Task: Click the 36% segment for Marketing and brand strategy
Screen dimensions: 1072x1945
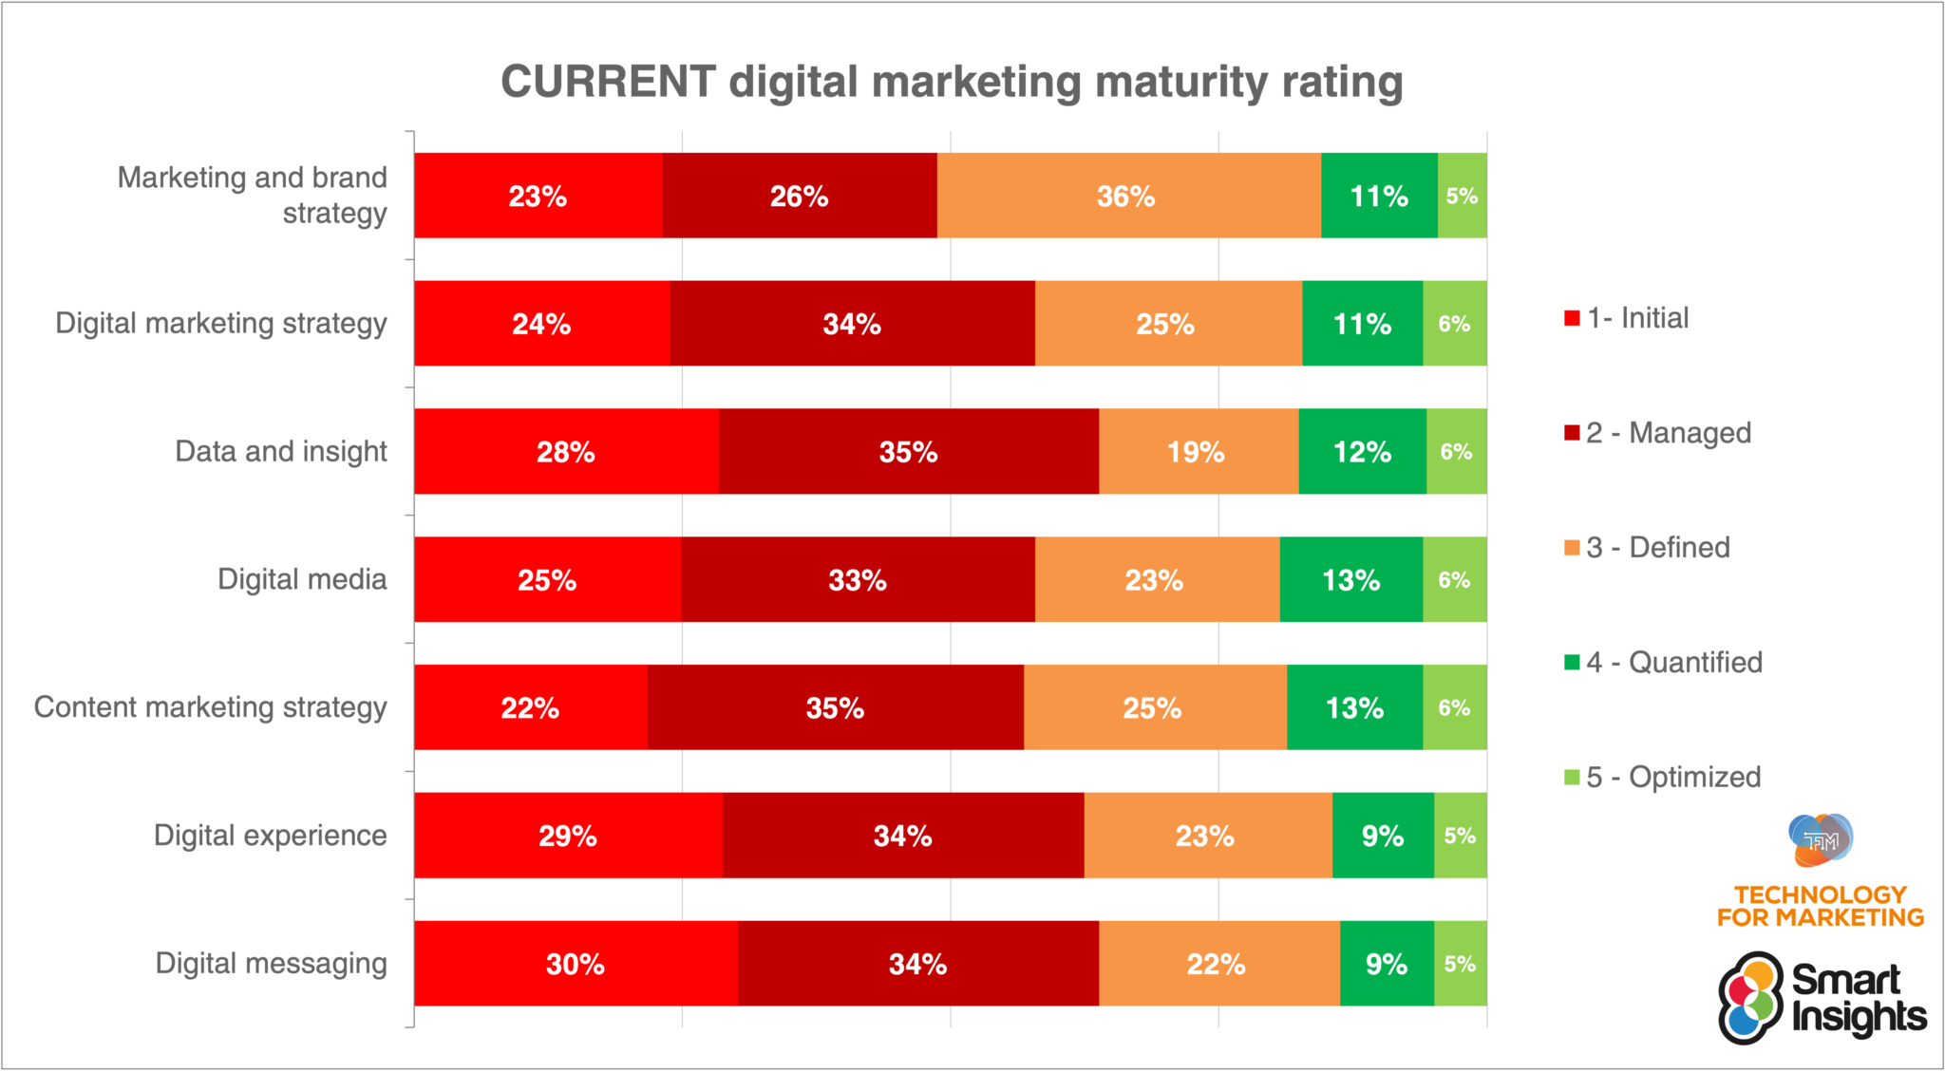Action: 1127,196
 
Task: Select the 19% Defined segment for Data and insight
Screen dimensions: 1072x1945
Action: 1198,451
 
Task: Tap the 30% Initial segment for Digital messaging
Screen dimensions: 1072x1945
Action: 576,964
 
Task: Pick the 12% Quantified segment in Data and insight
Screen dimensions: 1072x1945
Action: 1362,451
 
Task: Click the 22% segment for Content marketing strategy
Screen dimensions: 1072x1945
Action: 530,707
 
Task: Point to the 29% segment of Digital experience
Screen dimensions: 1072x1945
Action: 568,836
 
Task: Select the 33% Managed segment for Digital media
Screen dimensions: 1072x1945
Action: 858,579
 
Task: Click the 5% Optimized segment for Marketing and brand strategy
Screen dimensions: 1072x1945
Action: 1462,196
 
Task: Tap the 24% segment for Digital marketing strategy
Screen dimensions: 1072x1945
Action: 541,324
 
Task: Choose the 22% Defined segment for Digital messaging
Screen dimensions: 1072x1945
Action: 1218,964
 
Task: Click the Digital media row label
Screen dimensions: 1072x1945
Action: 302,579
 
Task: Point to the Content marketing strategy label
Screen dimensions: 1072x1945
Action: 211,707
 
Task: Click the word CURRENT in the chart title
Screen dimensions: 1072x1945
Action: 608,82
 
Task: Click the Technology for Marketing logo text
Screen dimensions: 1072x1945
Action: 1820,906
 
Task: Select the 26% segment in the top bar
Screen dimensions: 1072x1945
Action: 799,196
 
